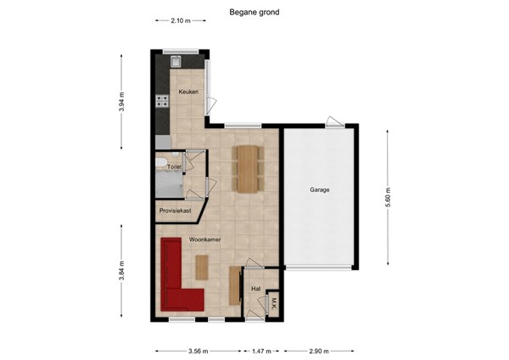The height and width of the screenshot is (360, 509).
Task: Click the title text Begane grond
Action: [254, 13]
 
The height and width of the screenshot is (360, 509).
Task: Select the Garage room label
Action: [319, 190]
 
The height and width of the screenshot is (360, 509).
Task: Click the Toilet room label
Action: [175, 167]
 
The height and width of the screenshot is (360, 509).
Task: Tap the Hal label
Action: [256, 289]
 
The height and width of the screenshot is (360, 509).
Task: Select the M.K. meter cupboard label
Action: [273, 302]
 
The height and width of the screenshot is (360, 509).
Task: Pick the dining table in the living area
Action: [248, 166]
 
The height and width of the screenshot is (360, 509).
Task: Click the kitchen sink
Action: [176, 61]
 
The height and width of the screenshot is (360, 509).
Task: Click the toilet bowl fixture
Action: [161, 164]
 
